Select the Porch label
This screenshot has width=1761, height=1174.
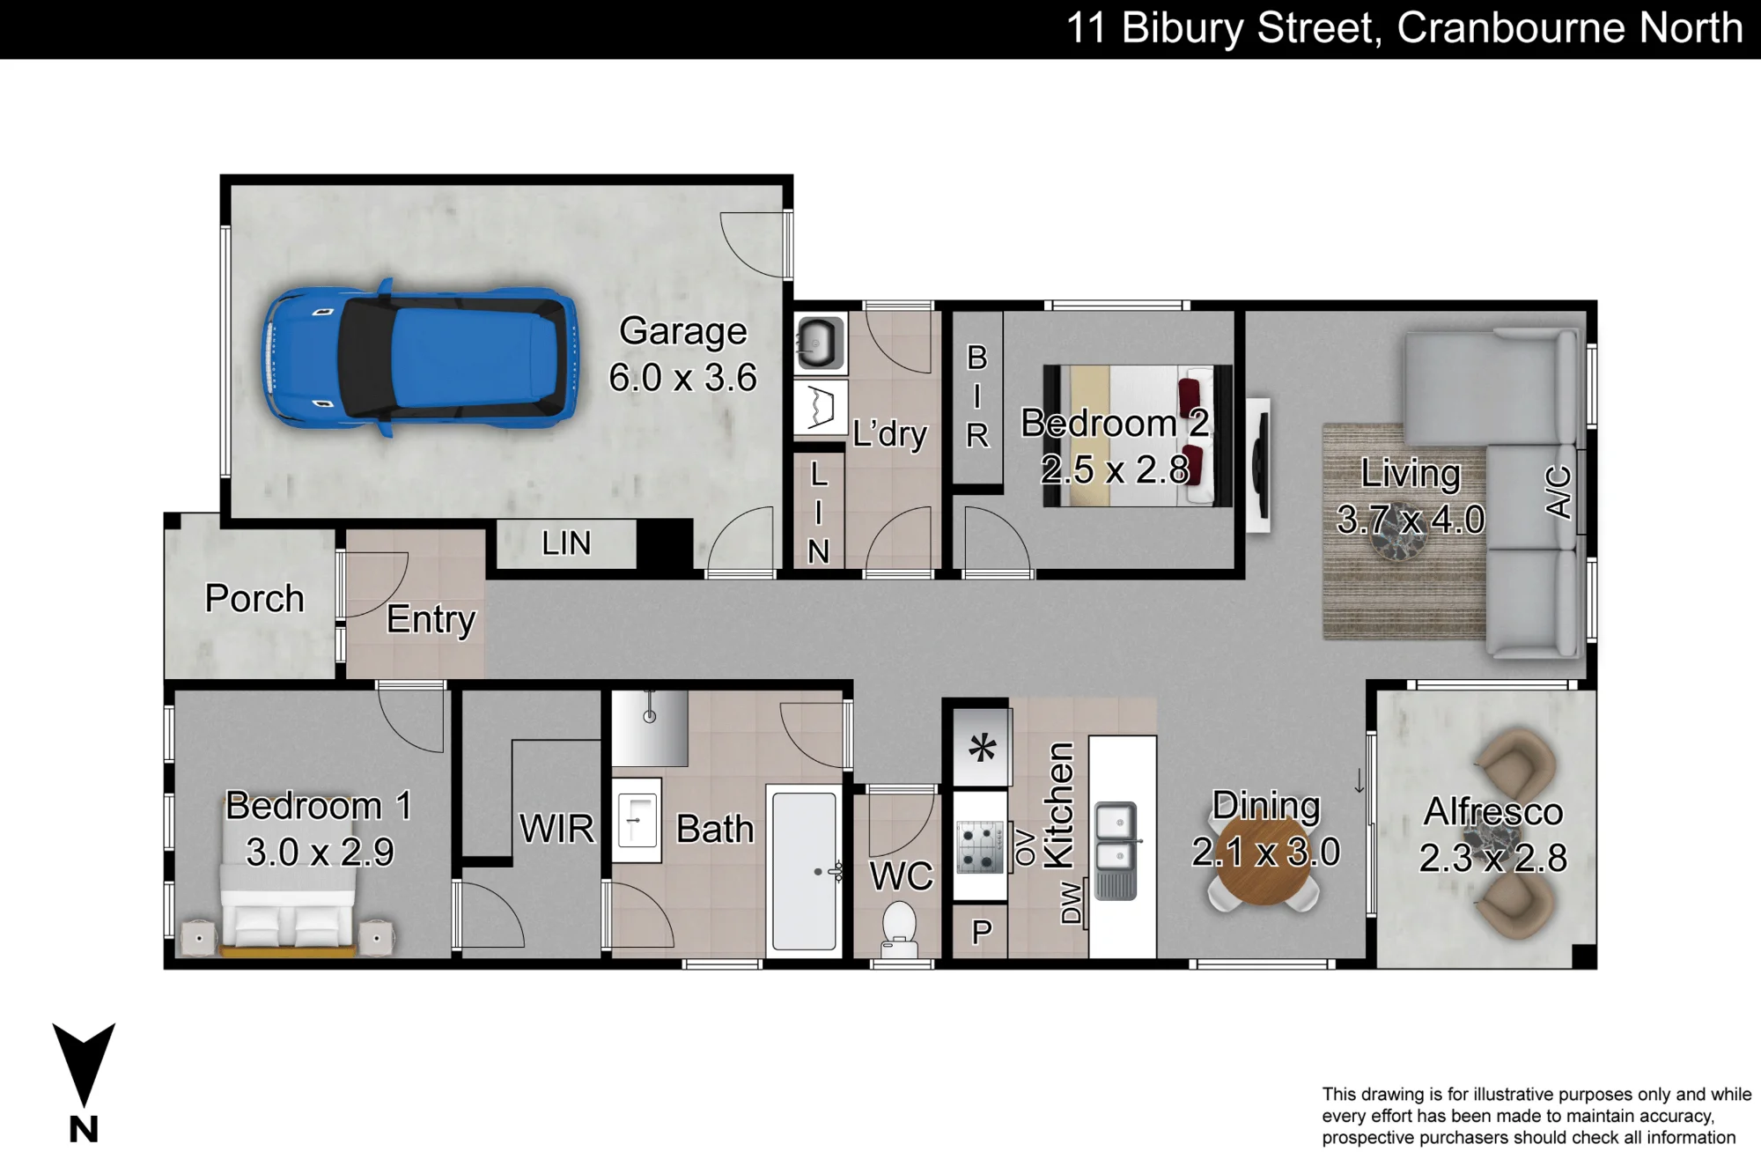[x=254, y=598]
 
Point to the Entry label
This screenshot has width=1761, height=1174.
[x=431, y=620]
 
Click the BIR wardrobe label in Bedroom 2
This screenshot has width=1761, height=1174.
[x=977, y=396]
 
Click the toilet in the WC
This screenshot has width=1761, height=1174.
[x=899, y=929]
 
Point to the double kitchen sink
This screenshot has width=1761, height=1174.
[x=1116, y=850]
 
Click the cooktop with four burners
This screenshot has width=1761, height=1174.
[x=980, y=846]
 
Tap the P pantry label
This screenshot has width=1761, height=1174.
[x=982, y=932]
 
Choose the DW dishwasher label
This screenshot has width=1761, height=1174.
[x=1071, y=902]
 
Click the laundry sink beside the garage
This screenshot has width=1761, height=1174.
[x=820, y=343]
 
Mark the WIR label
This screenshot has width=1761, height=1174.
[x=556, y=829]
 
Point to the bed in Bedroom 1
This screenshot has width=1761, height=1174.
[x=288, y=907]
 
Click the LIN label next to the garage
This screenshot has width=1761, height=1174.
[x=566, y=543]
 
